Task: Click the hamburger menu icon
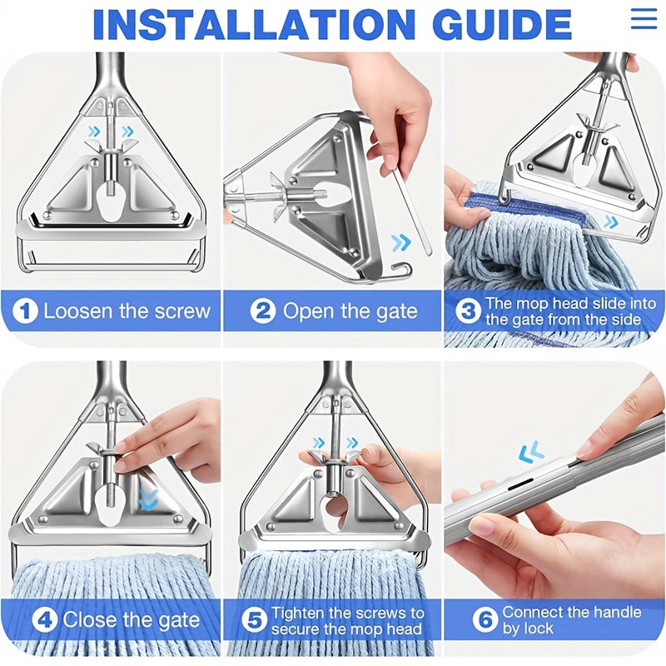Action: (644, 18)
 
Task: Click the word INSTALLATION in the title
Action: (254, 24)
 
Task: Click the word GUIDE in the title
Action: (504, 24)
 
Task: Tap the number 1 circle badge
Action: (25, 311)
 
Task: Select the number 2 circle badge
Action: (262, 311)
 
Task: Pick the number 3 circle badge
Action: (468, 311)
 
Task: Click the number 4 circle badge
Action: (44, 620)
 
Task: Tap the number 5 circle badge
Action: (254, 620)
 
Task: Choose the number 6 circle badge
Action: (485, 619)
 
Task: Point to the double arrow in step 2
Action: (401, 242)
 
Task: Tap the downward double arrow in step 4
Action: (148, 499)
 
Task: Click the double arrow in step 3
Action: (611, 221)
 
